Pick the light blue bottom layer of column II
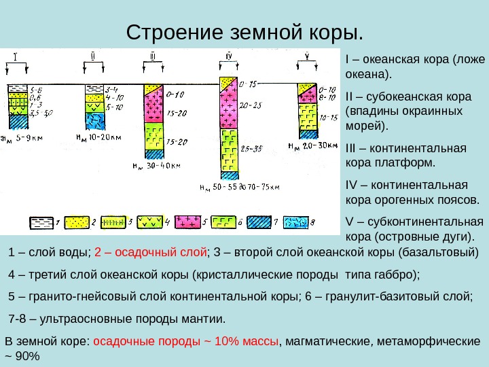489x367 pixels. [93, 121]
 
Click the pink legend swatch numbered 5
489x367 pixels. [187, 222]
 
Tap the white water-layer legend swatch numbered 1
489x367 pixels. [40, 222]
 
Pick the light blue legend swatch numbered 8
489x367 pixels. [296, 222]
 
